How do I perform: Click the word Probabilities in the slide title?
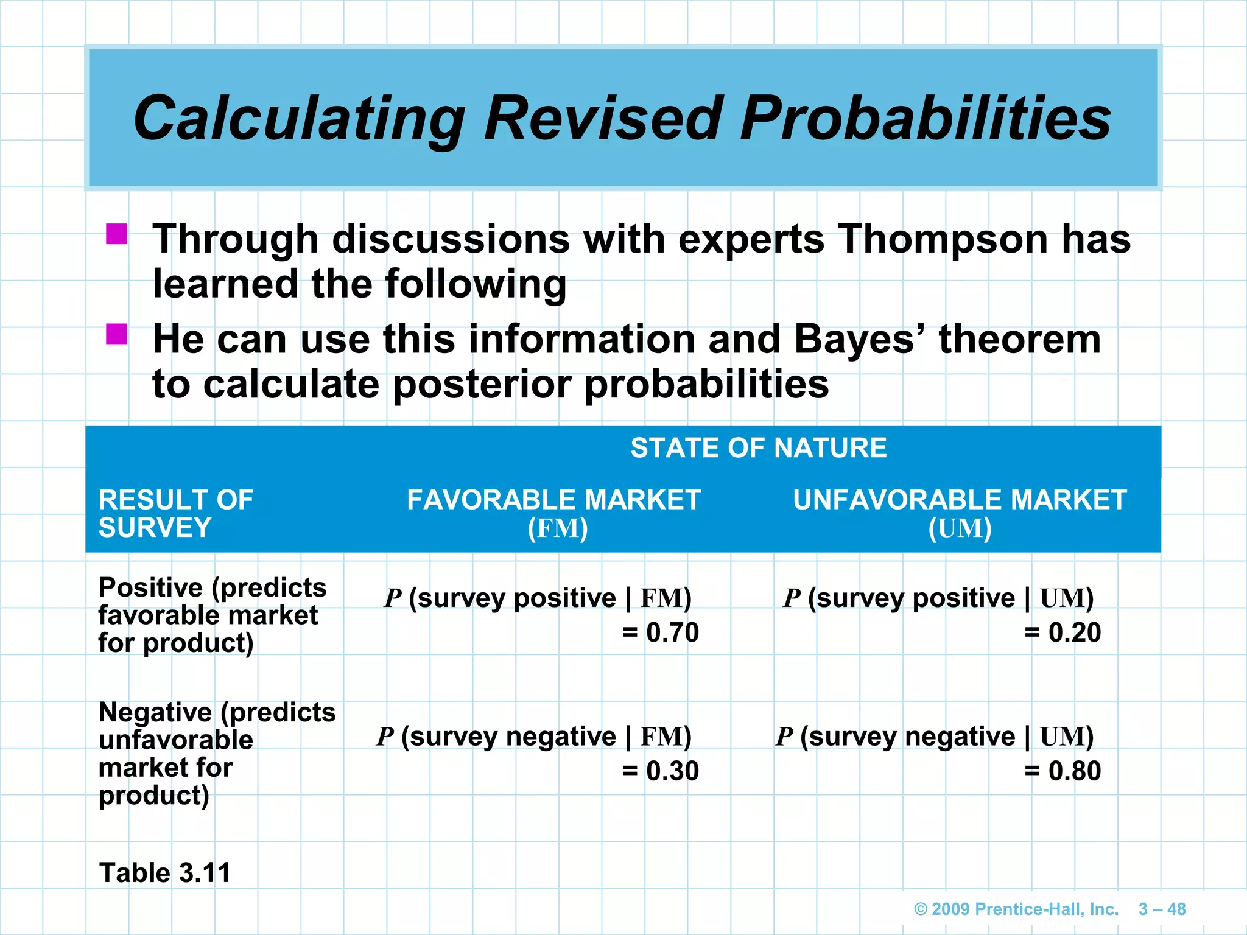(x=926, y=119)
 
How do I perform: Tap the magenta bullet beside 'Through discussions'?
(x=116, y=234)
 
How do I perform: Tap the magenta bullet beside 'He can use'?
(x=116, y=334)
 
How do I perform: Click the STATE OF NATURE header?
(x=758, y=448)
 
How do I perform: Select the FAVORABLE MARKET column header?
(x=553, y=500)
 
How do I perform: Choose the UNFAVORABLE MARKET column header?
(x=960, y=500)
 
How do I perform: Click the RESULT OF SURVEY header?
(x=175, y=513)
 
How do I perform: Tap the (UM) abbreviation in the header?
(x=960, y=528)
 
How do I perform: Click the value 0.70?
(x=672, y=633)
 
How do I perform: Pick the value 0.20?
(x=1074, y=633)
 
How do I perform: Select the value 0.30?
(x=672, y=771)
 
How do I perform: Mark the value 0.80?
(x=1074, y=771)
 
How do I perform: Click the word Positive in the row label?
(x=150, y=588)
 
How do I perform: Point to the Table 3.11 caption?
(x=164, y=873)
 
